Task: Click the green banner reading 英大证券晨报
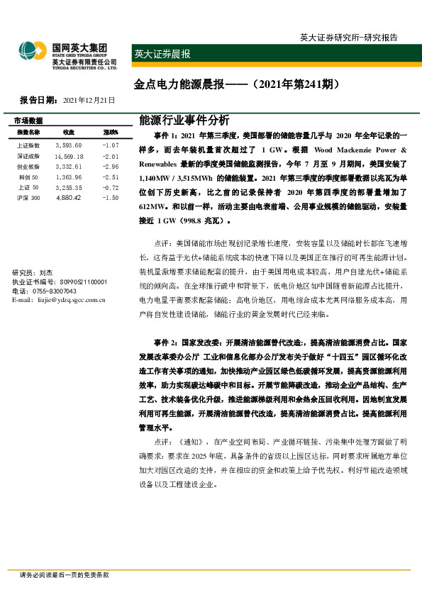[x=162, y=54]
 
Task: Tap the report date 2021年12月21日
[x=89, y=101]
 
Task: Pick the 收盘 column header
[x=69, y=133]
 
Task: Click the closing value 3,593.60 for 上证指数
[x=69, y=145]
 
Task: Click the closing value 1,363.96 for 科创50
[x=69, y=177]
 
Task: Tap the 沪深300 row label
[x=28, y=198]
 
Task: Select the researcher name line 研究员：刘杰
[x=33, y=272]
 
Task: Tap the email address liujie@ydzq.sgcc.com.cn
[x=59, y=300]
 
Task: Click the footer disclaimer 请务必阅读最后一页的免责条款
[x=64, y=576]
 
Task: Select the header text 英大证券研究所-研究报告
[x=348, y=38]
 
